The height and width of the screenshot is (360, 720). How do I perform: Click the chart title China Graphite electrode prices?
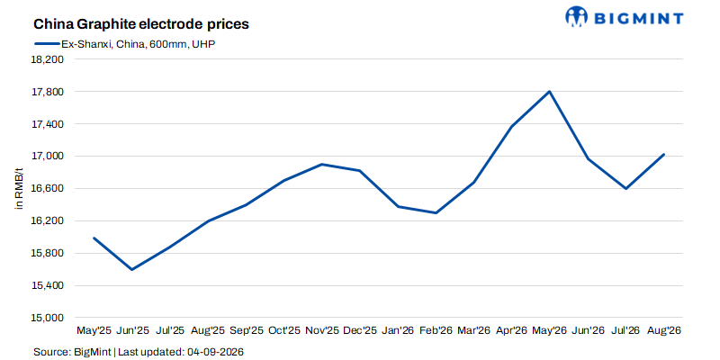click(141, 24)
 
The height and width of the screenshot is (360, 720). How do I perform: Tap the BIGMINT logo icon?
click(577, 16)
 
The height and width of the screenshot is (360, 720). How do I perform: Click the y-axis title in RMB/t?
click(19, 189)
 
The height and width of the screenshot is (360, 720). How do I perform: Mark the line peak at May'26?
click(549, 92)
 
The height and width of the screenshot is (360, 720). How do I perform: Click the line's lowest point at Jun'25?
click(131, 269)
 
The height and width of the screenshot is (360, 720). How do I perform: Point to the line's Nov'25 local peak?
click(322, 164)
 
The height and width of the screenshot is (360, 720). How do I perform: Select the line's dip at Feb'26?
click(436, 213)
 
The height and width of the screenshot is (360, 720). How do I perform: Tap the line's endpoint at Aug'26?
click(663, 154)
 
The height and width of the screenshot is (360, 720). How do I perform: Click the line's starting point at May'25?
click(94, 238)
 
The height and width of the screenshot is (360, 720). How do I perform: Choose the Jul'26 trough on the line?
click(625, 188)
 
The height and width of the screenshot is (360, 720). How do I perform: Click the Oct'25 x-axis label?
click(283, 330)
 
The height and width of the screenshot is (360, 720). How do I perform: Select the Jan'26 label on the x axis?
click(398, 330)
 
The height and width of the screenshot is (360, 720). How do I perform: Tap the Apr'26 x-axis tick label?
click(511, 330)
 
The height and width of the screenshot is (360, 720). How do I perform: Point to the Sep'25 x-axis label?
click(246, 330)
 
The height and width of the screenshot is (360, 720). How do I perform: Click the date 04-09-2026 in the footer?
click(214, 352)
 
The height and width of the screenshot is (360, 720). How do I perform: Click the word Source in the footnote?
click(51, 352)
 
